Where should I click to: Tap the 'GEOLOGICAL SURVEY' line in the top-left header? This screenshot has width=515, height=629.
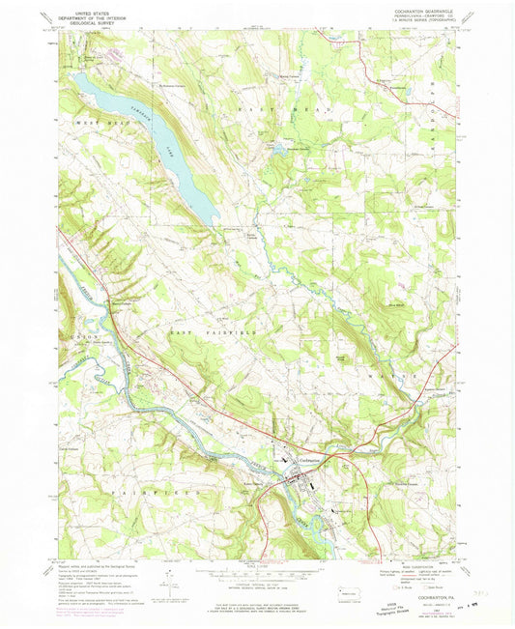pyautogui.click(x=88, y=19)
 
